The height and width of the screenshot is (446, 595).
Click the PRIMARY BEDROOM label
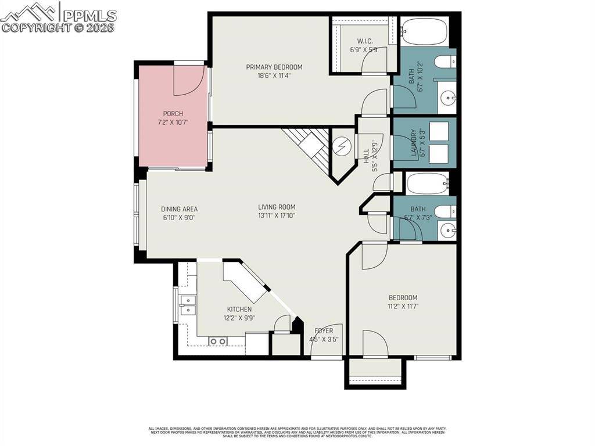point(274,67)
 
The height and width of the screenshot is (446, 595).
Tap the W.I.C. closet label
point(364,41)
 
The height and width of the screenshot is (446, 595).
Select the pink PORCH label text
point(173,114)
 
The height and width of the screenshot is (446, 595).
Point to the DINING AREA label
point(180,209)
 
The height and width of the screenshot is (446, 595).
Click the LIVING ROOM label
point(277,207)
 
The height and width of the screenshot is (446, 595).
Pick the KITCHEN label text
point(239,309)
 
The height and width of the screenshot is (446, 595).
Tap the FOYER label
point(324,331)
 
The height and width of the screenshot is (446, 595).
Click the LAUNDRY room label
point(414,142)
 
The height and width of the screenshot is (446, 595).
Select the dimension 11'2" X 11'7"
point(403,306)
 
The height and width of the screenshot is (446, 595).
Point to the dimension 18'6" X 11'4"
point(274,75)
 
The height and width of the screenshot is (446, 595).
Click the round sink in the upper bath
point(449,98)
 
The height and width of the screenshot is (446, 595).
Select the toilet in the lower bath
point(446,211)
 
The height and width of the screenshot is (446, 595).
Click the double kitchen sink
point(187,304)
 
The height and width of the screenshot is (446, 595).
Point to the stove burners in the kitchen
point(218,341)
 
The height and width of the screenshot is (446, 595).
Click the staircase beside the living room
point(308,145)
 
